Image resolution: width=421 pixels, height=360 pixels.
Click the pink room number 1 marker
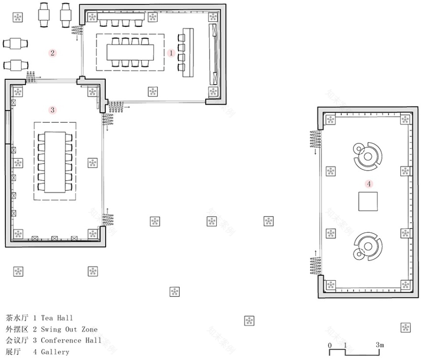[x=171, y=53]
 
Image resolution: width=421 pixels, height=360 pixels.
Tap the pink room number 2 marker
[x=53, y=53]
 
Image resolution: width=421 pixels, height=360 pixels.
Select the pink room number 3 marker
[x=53, y=110]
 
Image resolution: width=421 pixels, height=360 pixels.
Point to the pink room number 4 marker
[x=368, y=183]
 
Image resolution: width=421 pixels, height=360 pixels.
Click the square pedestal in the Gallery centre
[x=368, y=201]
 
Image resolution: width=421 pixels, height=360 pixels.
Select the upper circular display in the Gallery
[x=367, y=155]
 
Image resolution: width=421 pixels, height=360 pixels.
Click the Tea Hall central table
[x=130, y=52]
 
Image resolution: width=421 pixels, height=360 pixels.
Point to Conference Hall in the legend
[x=71, y=340]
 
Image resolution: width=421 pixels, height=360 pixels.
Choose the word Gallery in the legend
[x=55, y=352]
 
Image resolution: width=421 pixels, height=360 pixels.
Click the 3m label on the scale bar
[x=379, y=345]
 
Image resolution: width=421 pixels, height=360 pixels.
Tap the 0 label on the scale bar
[x=330, y=345]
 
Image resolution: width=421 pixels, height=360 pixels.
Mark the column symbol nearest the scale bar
[x=405, y=327]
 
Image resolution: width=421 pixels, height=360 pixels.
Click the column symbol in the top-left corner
[x=18, y=18]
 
